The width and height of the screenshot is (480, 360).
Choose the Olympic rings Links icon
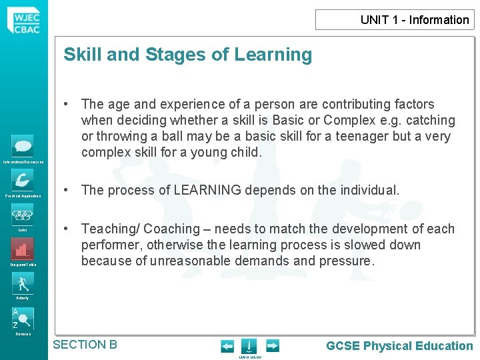click(23, 215)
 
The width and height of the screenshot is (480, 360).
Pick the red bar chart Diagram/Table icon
click(23, 249)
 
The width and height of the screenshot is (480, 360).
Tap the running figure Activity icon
click(23, 283)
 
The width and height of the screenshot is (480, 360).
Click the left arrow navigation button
click(227, 346)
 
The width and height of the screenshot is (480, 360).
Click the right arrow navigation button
click(272, 346)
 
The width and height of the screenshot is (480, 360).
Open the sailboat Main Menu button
click(249, 346)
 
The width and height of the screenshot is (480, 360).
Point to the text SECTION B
click(85, 345)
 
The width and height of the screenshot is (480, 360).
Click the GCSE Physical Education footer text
click(399, 345)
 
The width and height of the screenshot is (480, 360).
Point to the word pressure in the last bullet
click(350, 261)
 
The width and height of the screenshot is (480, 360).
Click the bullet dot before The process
click(67, 190)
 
